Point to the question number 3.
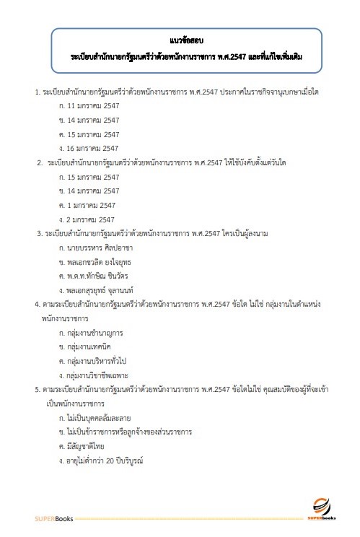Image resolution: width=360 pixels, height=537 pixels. [x=38, y=233]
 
